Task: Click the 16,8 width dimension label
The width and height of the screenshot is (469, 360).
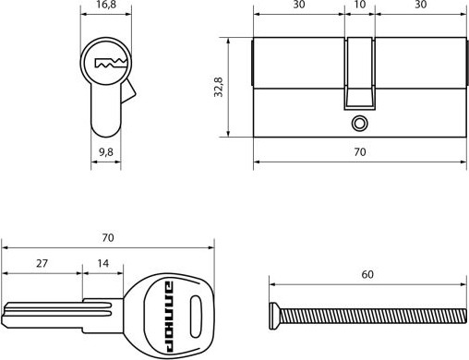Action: [106, 5]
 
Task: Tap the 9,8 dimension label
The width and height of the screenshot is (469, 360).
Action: [106, 152]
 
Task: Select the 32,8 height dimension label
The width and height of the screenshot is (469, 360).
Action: [219, 87]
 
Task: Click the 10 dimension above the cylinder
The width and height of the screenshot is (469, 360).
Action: [360, 5]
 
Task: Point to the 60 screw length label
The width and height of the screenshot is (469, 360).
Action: [367, 274]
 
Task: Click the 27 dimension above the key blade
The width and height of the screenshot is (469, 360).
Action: [42, 263]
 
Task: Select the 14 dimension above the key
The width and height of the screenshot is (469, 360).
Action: [103, 263]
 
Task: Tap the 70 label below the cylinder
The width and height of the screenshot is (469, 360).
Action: [360, 152]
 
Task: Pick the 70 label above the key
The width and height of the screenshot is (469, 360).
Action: [108, 238]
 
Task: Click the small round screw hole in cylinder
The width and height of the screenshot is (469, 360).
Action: [359, 124]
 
